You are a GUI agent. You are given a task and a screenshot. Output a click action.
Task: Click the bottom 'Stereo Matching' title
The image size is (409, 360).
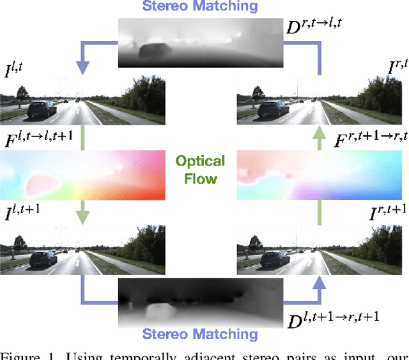coord(200,333)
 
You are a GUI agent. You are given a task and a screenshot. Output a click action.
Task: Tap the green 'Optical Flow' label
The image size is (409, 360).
coord(201,169)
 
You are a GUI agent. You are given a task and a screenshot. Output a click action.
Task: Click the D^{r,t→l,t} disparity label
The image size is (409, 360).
coord(318,27)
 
